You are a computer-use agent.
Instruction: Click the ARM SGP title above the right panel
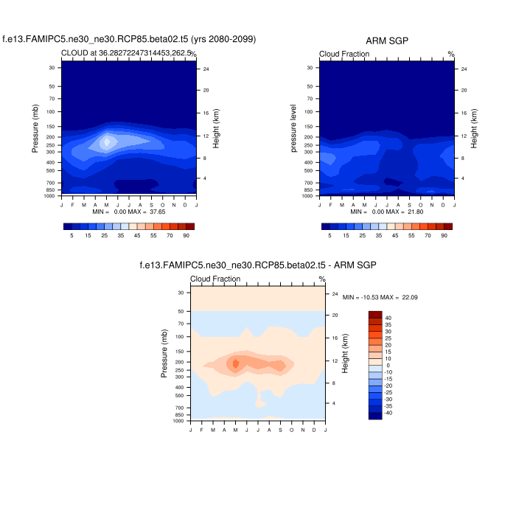tap(387, 40)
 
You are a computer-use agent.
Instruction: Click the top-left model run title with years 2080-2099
tap(129, 40)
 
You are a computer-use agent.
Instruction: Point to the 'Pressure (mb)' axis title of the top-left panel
tap(35, 128)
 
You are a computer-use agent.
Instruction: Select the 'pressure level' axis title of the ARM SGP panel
tap(293, 128)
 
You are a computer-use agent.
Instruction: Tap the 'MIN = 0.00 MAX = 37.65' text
tap(129, 212)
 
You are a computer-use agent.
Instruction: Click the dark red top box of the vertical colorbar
tap(375, 315)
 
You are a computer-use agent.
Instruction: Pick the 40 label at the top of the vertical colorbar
tap(388, 318)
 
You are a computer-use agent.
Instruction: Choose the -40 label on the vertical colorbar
tap(388, 413)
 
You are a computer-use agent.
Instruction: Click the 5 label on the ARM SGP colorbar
tap(330, 235)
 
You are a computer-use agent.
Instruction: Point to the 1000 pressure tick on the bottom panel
tap(178, 421)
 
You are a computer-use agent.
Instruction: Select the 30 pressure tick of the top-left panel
tap(52, 68)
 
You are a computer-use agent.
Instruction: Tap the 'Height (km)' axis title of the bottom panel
tap(345, 353)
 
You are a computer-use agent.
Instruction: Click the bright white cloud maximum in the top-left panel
tap(107, 142)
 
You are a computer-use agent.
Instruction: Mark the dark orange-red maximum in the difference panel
tap(235, 363)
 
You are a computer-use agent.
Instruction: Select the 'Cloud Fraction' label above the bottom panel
tap(215, 279)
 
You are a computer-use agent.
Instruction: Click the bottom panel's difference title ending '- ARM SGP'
tap(258, 265)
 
